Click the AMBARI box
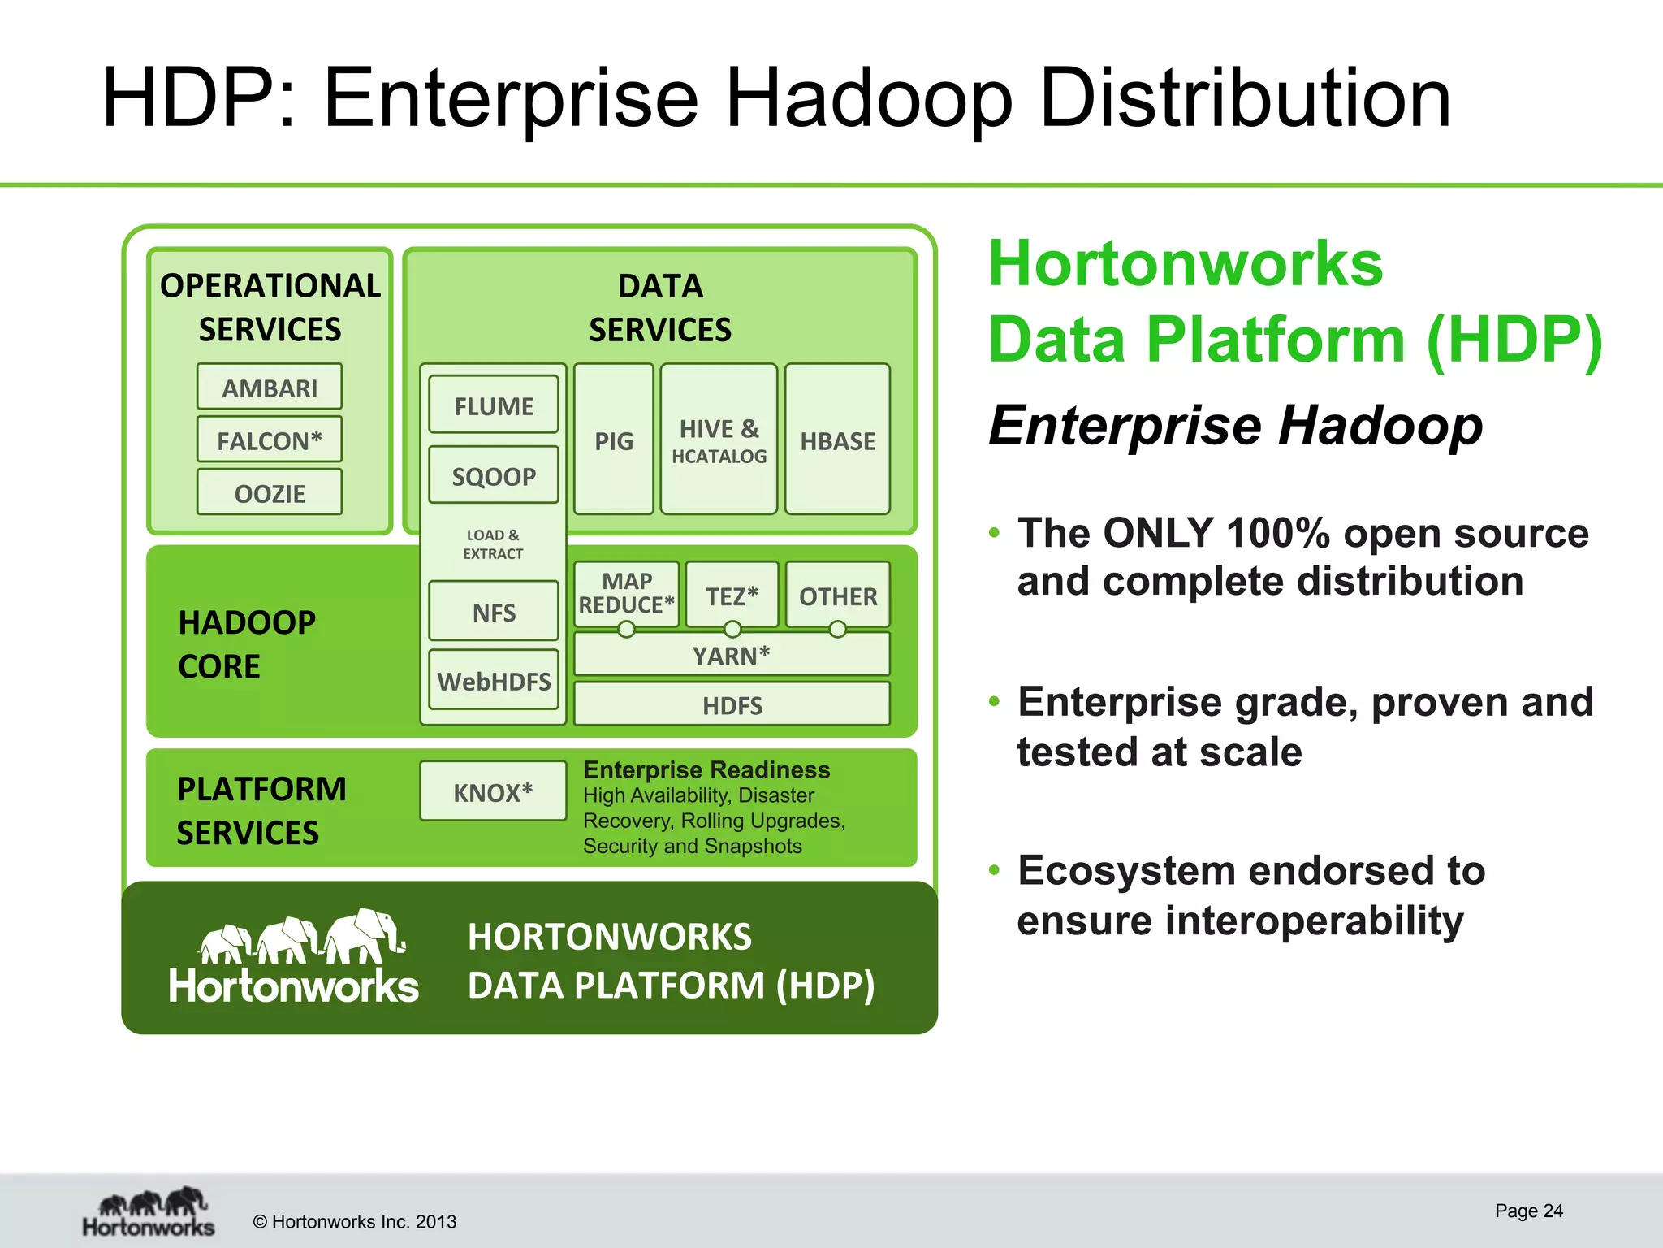pos(269,388)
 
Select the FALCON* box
pos(269,440)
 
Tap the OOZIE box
pos(269,493)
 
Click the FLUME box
pos(493,405)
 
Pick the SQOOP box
pos(493,476)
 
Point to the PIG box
pos(613,440)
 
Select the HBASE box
pos(837,440)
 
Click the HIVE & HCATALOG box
pos(719,440)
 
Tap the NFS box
pos(493,612)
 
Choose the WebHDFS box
pos(493,681)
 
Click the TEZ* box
pos(732,596)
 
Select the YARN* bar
pos(732,655)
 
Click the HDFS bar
pos(732,704)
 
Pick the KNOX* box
pos(493,792)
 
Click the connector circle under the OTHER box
pos(837,629)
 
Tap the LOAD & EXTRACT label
pos(493,544)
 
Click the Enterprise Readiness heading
pos(706,769)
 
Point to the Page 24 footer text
pos(1528,1211)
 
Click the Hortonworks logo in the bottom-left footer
pos(149,1212)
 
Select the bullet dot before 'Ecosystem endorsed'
pos(994,870)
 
